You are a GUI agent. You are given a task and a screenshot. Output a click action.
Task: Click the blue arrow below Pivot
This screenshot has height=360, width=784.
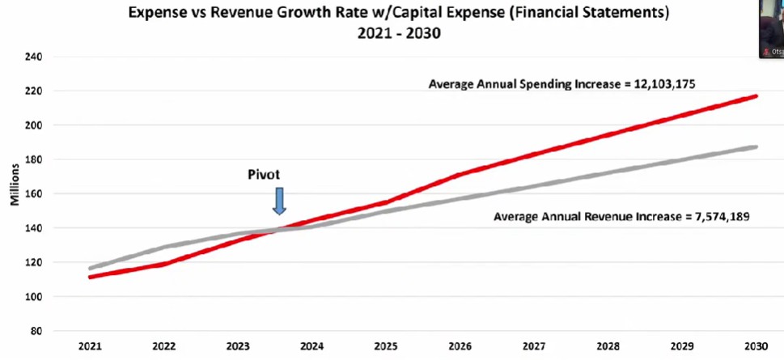[279, 201]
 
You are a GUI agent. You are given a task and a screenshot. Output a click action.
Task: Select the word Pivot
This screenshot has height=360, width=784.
[264, 174]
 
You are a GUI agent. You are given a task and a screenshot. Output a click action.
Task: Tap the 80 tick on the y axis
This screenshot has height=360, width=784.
[37, 330]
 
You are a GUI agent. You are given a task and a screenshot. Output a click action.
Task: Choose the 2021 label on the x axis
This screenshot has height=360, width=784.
[90, 345]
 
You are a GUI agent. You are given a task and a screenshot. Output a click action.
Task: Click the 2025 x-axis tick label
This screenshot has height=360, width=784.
[386, 345]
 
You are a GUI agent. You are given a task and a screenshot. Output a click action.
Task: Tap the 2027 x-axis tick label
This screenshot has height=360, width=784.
[534, 345]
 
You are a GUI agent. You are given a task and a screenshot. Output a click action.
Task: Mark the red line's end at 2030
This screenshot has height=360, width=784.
[756, 95]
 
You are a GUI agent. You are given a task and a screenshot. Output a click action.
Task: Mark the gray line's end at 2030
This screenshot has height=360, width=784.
[756, 147]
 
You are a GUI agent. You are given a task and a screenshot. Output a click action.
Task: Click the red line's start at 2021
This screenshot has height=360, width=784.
[91, 277]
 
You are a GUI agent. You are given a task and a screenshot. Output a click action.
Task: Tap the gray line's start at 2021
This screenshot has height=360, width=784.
[91, 268]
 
